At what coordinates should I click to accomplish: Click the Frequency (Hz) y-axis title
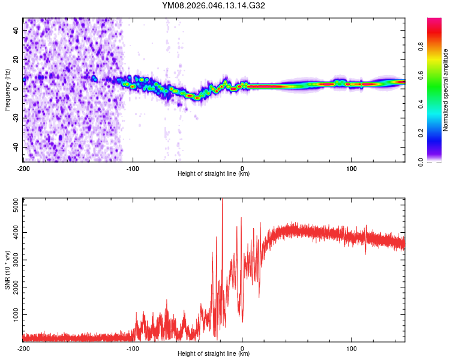tap(7, 90)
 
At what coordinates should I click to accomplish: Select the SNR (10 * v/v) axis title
tap(7, 269)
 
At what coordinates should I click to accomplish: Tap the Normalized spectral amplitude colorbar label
tap(446, 90)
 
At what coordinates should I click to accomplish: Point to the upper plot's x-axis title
tap(214, 174)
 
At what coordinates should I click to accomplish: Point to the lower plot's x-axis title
tap(214, 354)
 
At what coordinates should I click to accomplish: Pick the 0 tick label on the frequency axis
tap(16, 89)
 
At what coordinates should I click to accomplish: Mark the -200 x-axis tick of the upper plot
tap(23, 167)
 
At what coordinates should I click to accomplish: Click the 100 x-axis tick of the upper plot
tap(351, 167)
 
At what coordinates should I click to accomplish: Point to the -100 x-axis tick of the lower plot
tap(133, 347)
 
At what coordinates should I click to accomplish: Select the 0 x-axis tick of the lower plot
tap(242, 347)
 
